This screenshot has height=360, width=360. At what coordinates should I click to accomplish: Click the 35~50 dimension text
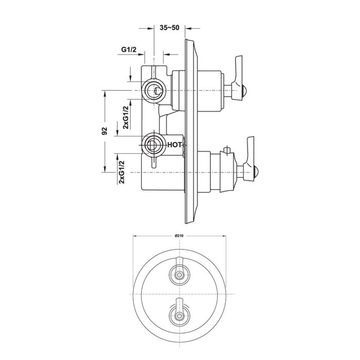click(x=169, y=28)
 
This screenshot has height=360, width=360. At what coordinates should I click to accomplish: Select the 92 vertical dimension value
click(x=105, y=131)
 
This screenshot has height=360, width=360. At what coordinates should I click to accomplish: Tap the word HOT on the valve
click(x=174, y=145)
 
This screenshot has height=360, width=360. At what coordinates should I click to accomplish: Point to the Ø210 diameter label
click(x=180, y=236)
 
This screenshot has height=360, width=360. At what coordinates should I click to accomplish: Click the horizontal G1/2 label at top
click(x=129, y=49)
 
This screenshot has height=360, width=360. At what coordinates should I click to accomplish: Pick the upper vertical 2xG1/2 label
click(x=126, y=118)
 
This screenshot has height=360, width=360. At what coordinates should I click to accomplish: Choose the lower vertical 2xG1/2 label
click(x=122, y=172)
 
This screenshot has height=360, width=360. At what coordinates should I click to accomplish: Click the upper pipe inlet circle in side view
click(x=153, y=91)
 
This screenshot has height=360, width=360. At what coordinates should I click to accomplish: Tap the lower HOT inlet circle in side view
click(x=153, y=145)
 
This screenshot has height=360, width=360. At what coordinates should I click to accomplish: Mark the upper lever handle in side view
click(x=238, y=78)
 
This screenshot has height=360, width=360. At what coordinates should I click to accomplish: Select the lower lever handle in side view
click(x=249, y=159)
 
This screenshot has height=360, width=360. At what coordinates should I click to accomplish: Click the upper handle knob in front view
click(x=179, y=272)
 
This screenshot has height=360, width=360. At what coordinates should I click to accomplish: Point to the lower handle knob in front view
click(x=179, y=313)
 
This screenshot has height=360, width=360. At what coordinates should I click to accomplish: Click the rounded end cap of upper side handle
click(x=245, y=90)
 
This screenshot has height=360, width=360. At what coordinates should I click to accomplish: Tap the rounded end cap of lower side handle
click(x=257, y=171)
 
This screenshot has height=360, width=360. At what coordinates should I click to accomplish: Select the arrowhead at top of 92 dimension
click(x=105, y=94)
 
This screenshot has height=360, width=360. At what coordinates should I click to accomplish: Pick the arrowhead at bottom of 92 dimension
click(x=105, y=169)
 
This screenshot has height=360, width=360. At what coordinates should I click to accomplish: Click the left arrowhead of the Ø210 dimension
click(x=136, y=236)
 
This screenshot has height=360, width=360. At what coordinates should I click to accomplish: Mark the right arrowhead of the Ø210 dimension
click(x=224, y=236)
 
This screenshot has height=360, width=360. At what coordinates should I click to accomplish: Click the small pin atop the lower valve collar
click(x=227, y=150)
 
